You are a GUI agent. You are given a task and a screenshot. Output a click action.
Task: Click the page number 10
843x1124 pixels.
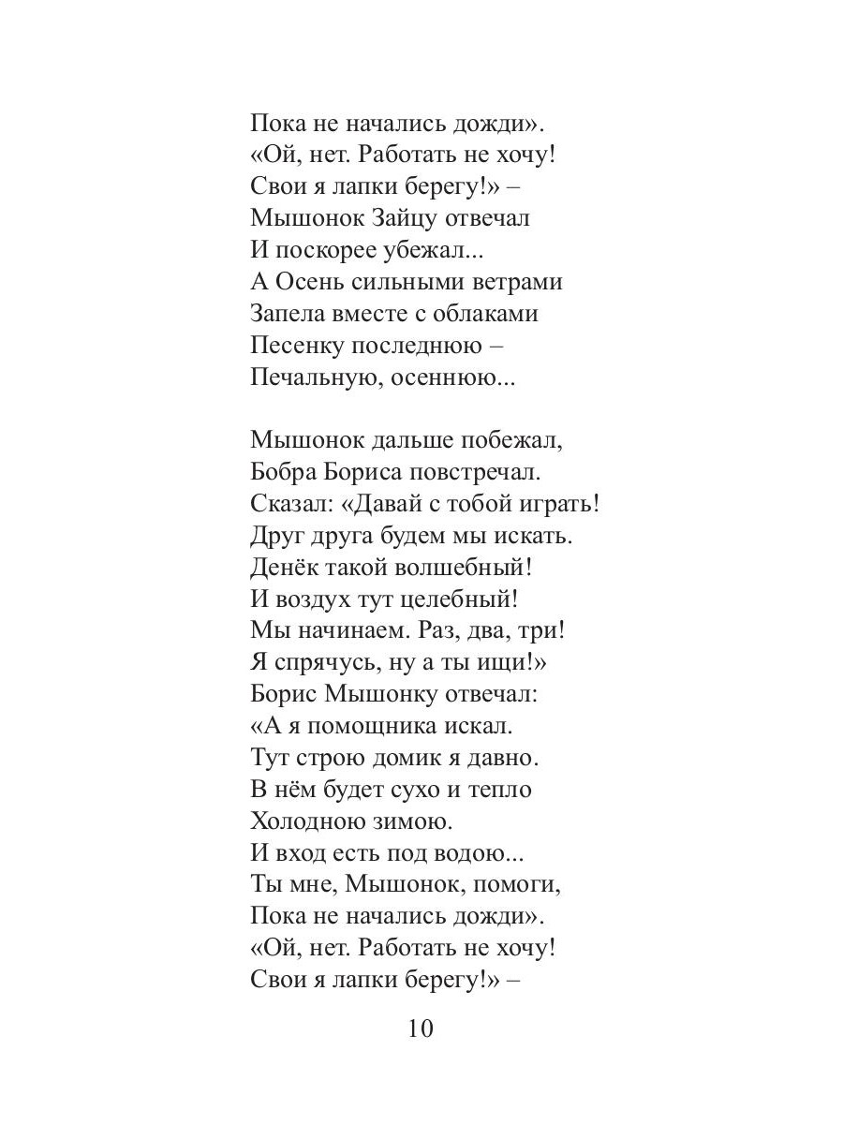pyautogui.click(x=421, y=1029)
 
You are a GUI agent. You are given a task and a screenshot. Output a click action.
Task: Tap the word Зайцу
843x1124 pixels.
pyautogui.click(x=393, y=219)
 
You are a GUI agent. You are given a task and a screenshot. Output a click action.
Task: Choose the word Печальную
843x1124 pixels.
pyautogui.click(x=314, y=377)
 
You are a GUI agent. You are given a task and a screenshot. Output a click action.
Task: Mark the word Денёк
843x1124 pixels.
pyautogui.click(x=283, y=568)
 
